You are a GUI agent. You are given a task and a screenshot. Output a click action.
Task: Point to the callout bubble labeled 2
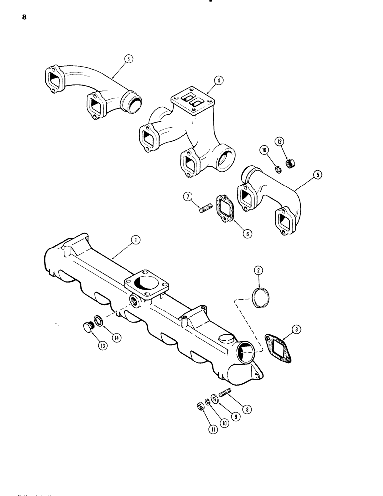click(x=258, y=270)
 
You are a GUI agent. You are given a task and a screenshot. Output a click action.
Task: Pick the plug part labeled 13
click(x=88, y=327)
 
